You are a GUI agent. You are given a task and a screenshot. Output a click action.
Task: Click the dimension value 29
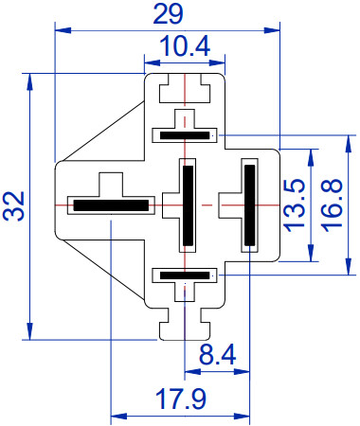(168, 14)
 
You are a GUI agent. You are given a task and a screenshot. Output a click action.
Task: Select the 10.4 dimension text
(185, 46)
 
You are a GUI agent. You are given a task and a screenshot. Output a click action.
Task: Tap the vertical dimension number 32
(13, 205)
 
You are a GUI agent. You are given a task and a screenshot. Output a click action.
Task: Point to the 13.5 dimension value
(295, 205)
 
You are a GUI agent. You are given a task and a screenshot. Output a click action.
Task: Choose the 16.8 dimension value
(332, 205)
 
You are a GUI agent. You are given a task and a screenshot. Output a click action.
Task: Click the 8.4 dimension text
(217, 355)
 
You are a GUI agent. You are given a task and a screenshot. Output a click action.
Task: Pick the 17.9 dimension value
(181, 399)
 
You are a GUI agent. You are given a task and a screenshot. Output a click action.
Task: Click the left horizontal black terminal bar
(111, 205)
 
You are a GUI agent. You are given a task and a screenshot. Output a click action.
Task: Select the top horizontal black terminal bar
(185, 135)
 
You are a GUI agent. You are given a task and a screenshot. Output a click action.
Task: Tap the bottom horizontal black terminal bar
(185, 275)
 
